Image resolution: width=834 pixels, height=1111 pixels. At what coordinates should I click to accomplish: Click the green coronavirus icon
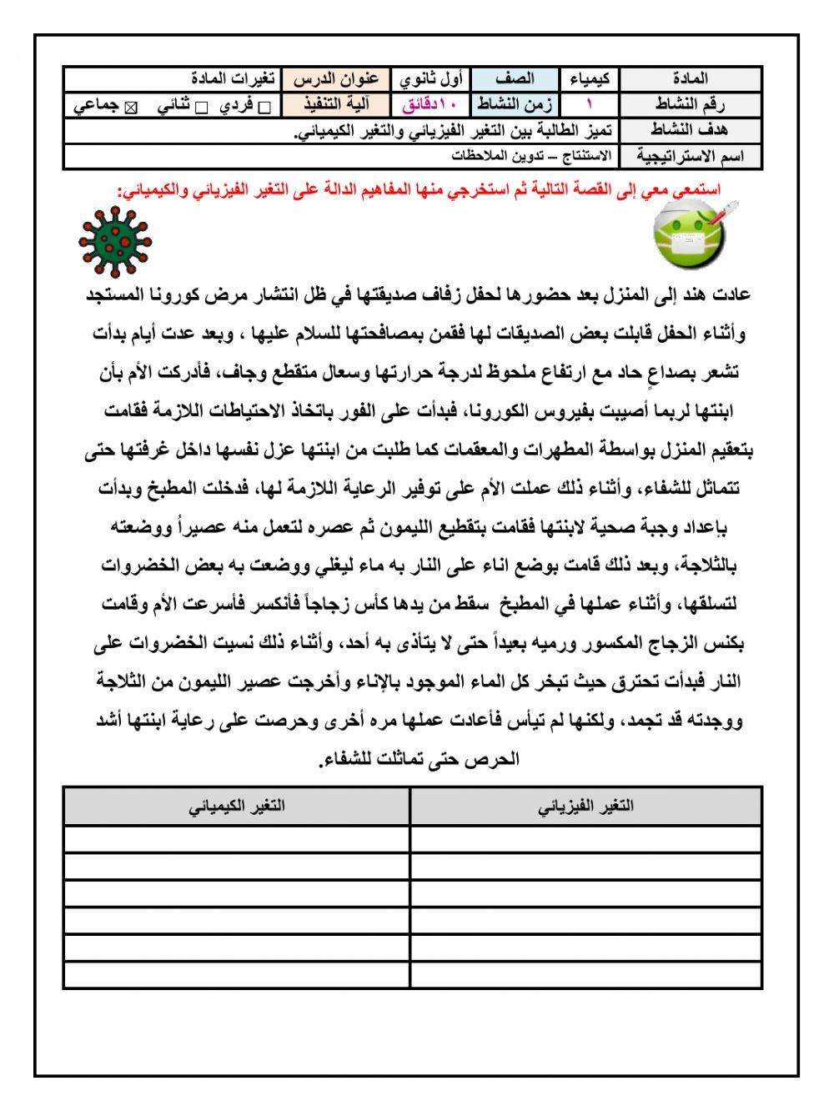[115, 243]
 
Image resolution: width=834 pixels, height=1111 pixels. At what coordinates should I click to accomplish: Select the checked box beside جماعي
[130, 107]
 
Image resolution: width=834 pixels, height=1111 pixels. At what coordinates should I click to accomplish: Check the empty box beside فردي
[264, 107]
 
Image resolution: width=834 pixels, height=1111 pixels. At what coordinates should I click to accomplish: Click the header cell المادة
[691, 79]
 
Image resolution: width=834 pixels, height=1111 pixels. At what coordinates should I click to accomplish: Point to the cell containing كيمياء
[590, 79]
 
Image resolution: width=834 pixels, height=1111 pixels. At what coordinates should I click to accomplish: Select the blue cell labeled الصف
[515, 79]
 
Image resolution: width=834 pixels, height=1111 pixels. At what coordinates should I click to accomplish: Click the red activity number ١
[590, 105]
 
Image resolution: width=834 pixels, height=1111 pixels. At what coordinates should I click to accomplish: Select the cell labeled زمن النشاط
[515, 105]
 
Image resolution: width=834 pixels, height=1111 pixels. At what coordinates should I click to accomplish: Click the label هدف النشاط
[691, 130]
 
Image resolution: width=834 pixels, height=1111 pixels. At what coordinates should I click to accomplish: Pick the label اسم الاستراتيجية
[691, 156]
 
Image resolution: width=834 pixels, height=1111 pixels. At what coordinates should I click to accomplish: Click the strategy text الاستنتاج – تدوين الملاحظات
[531, 156]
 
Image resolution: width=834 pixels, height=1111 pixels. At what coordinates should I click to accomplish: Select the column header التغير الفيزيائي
[585, 806]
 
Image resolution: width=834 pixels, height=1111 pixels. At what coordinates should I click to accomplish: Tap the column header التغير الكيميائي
[237, 806]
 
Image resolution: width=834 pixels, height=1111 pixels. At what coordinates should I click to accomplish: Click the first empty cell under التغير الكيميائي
[237, 838]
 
